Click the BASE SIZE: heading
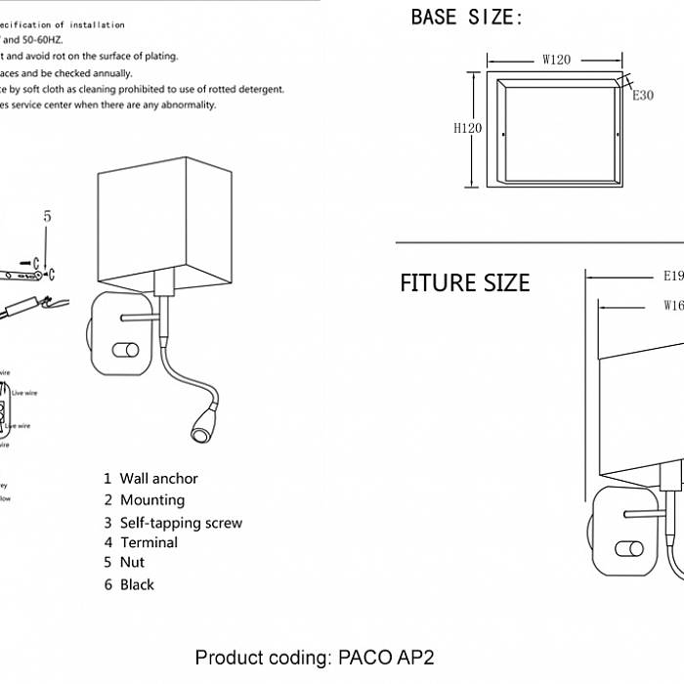467,18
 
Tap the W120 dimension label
556,60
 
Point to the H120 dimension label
468,128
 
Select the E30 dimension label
642,96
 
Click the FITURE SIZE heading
464,283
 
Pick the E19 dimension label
671,276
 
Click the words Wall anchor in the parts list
158,479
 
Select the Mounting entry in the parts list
151,500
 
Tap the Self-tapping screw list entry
181,523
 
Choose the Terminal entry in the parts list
149,542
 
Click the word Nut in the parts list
132,563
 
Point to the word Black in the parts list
137,585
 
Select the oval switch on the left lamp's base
126,349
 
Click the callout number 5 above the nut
47,217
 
